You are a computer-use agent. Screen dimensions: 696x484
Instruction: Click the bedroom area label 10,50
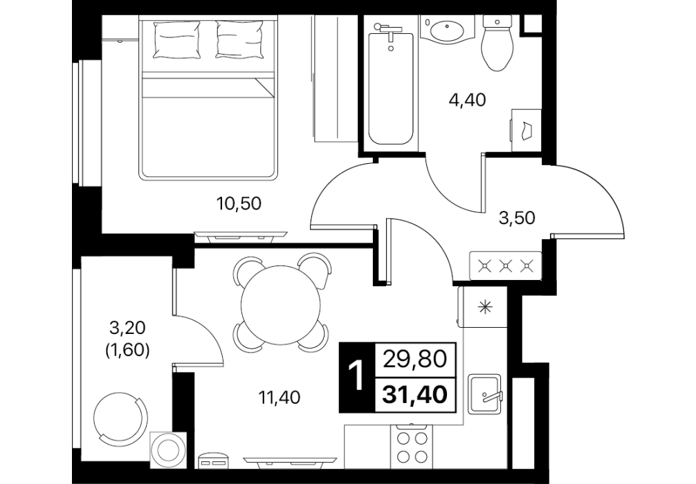tap(239, 204)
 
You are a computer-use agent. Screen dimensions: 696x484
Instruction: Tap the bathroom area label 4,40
tap(468, 100)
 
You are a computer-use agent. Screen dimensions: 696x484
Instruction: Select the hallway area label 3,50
tap(517, 218)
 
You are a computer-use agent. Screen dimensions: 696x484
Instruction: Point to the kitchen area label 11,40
tap(280, 397)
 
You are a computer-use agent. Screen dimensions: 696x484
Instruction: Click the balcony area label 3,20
tap(127, 328)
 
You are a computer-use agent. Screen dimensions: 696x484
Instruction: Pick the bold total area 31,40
tap(414, 394)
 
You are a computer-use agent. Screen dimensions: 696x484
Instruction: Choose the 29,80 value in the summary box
tap(414, 360)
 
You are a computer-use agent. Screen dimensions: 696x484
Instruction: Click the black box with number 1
tap(357, 378)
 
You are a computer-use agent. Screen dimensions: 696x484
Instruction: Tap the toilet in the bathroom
tap(497, 44)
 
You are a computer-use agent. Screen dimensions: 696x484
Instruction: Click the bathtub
tap(391, 84)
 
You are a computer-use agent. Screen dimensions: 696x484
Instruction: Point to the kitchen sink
tap(485, 393)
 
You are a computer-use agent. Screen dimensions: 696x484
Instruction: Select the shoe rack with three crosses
tap(506, 266)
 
